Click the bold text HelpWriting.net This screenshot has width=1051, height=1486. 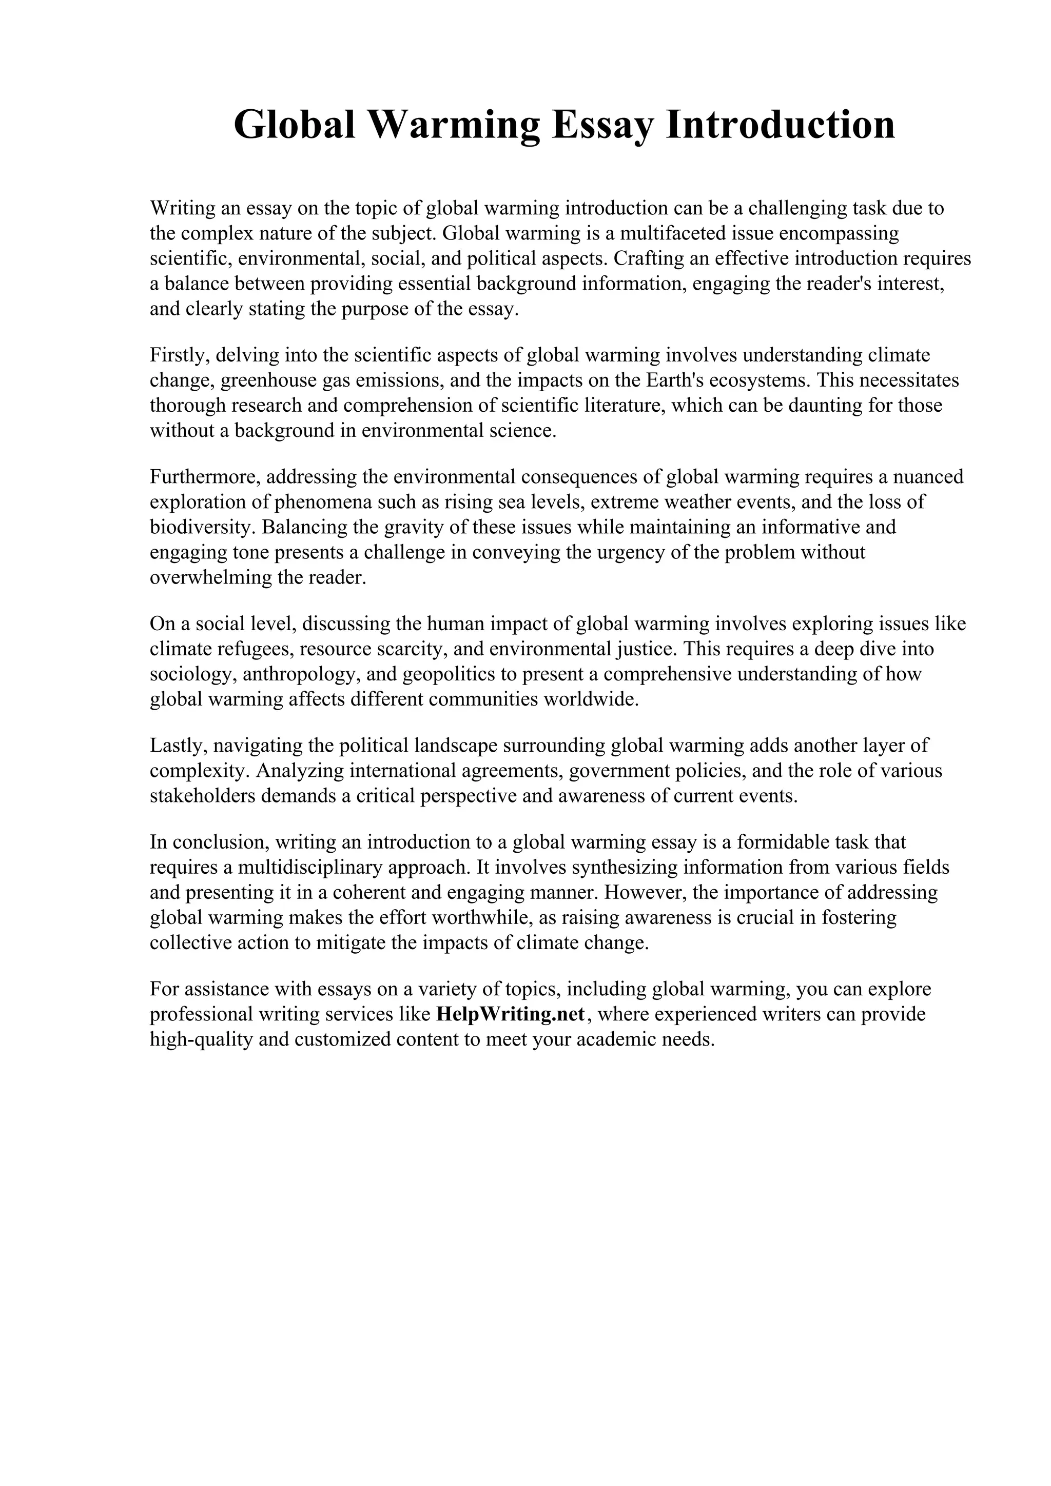click(x=511, y=1014)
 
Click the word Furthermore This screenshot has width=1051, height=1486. click(x=205, y=477)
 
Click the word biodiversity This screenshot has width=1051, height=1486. click(x=203, y=528)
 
